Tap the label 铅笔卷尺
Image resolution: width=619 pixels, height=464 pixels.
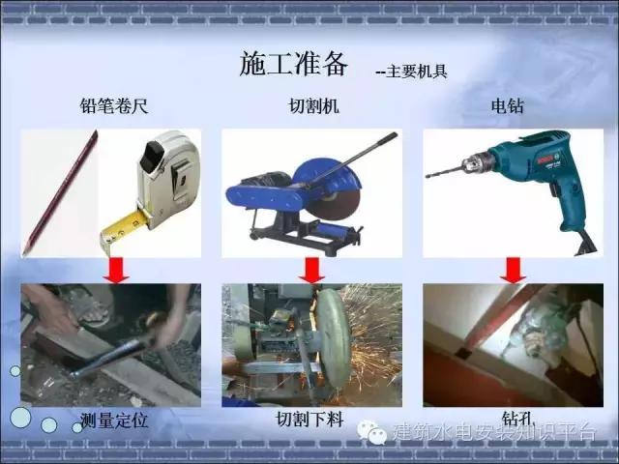(x=113, y=107)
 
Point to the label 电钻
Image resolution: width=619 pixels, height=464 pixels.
(x=506, y=107)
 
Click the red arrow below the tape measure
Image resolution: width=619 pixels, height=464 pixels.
(x=117, y=270)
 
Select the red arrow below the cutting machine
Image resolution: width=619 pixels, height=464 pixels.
(x=311, y=270)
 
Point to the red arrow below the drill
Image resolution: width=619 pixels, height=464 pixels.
(x=513, y=270)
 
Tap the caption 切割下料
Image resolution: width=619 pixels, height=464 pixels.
(x=310, y=420)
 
